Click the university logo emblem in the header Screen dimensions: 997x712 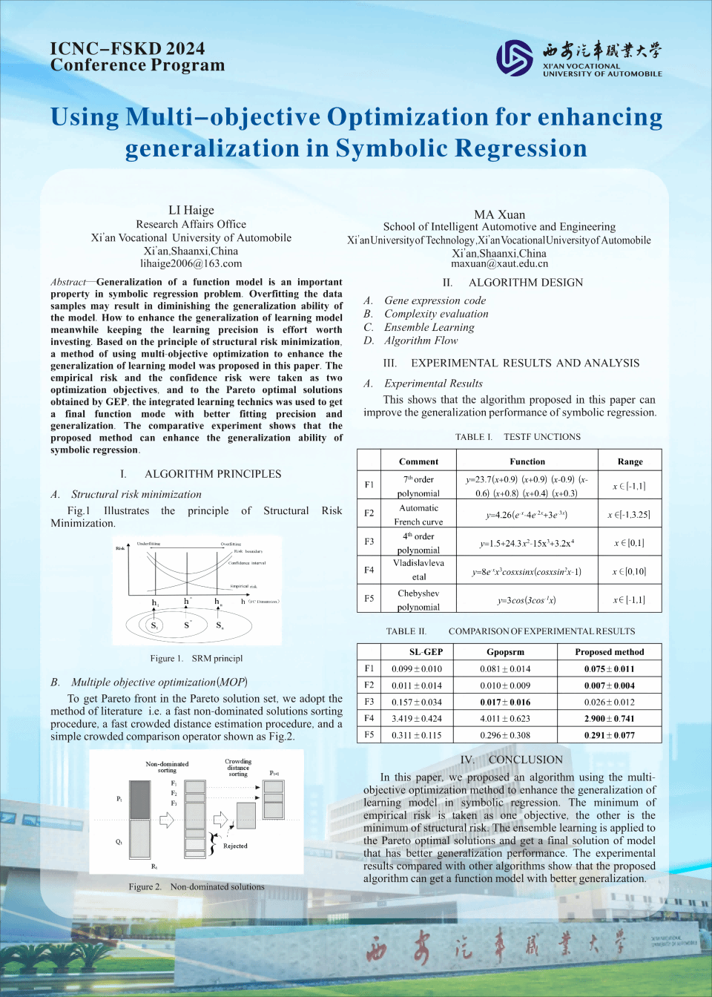pyautogui.click(x=514, y=58)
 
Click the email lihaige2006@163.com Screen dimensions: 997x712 pyautogui.click(x=191, y=263)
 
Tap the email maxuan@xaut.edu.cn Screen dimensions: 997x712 pyautogui.click(x=499, y=263)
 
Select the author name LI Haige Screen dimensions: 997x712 pyautogui.click(x=191, y=211)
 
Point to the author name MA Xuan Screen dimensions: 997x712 pyautogui.click(x=499, y=214)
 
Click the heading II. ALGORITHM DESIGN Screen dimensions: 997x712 pyautogui.click(x=512, y=283)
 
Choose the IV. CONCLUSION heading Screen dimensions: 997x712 pyautogui.click(x=511, y=760)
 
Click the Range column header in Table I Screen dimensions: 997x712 pyautogui.click(x=630, y=461)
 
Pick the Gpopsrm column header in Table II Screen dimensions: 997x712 pyautogui.click(x=505, y=652)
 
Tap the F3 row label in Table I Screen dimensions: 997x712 pyautogui.click(x=369, y=542)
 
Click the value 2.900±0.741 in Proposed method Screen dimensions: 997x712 pyautogui.click(x=609, y=719)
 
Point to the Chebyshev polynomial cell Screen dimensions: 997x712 pyautogui.click(x=418, y=600)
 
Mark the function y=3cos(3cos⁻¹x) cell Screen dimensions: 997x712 pyautogui.click(x=526, y=600)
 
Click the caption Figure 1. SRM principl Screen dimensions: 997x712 pyautogui.click(x=196, y=659)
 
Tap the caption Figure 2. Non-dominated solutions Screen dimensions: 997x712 pyautogui.click(x=196, y=886)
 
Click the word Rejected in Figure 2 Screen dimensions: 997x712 pyautogui.click(x=235, y=846)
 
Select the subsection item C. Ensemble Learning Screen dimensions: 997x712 pyautogui.click(x=419, y=327)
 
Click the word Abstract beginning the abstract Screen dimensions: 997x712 pyautogui.click(x=68, y=282)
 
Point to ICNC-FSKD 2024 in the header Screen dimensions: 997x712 pyautogui.click(x=128, y=49)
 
